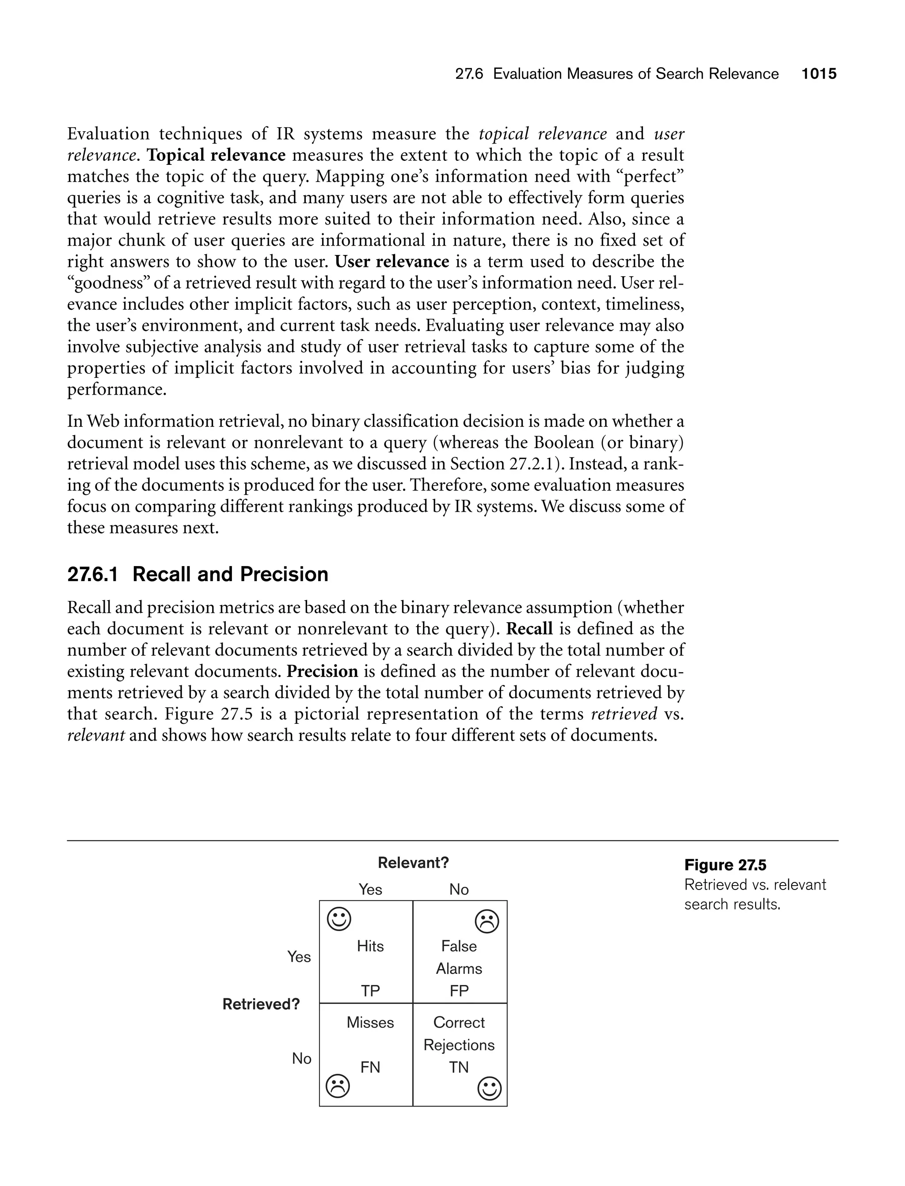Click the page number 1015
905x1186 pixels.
[819, 74]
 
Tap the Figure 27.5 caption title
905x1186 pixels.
[725, 865]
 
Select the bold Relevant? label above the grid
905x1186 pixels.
[413, 863]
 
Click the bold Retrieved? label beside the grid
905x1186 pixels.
[261, 1004]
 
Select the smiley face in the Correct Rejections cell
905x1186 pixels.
[489, 1088]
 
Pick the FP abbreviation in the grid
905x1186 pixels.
[459, 991]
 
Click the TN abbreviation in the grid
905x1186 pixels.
[459, 1067]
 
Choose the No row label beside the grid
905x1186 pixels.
[302, 1058]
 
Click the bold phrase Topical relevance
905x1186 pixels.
[217, 155]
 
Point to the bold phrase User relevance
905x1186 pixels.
[392, 262]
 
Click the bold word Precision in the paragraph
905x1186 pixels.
[322, 672]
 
